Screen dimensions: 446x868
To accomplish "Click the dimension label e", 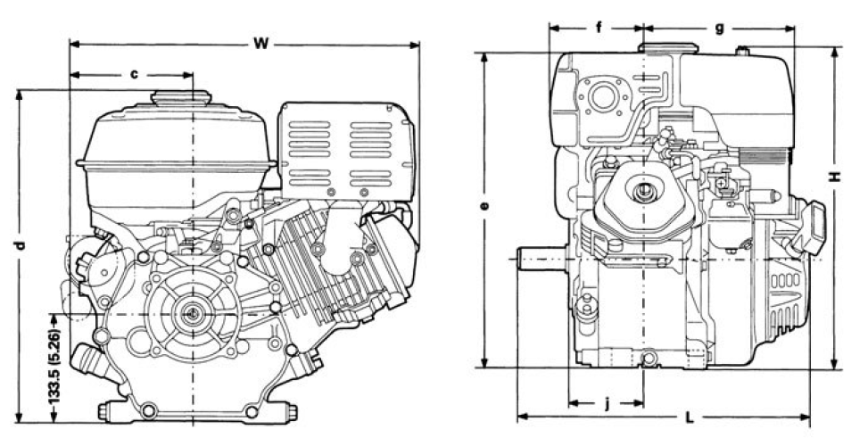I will coord(484,206).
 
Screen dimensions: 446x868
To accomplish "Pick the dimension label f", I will coord(599,28).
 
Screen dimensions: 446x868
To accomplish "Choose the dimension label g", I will coord(719,28).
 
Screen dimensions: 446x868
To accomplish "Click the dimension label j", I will coord(607,403).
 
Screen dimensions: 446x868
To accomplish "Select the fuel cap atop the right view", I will coord(662,47).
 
